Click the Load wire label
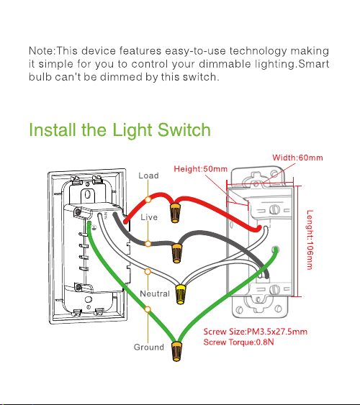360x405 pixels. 148,176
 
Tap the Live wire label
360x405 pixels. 149,217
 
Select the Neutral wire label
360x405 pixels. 155,293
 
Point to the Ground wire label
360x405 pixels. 149,347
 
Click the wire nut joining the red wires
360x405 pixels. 175,212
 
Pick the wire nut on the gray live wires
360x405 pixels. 176,252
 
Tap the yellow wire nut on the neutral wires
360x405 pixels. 181,294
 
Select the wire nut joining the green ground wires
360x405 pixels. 176,351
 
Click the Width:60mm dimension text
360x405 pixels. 297,158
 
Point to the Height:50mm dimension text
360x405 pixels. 201,169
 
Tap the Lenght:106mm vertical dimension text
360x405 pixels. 310,240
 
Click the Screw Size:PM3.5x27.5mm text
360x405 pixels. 256,332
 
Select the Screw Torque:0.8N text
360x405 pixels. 238,342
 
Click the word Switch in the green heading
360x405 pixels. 184,129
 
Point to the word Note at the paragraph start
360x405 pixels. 41,51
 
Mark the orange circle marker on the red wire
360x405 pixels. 148,200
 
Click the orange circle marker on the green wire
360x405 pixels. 148,309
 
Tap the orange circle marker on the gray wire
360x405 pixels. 148,244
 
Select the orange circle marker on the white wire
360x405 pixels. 148,271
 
